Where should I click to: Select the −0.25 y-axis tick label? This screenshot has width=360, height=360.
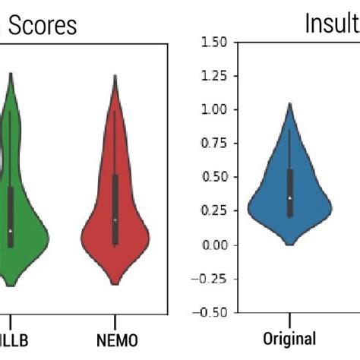point(208,278)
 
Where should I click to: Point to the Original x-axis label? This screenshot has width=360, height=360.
point(289,337)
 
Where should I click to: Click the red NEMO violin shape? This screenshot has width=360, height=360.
point(115,235)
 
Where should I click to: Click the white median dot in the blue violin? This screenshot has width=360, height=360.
point(289,198)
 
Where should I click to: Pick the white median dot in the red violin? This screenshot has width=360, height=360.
point(115,219)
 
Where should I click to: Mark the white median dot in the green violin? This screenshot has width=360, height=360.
point(11,230)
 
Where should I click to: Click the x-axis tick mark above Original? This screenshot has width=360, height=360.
point(289,316)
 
